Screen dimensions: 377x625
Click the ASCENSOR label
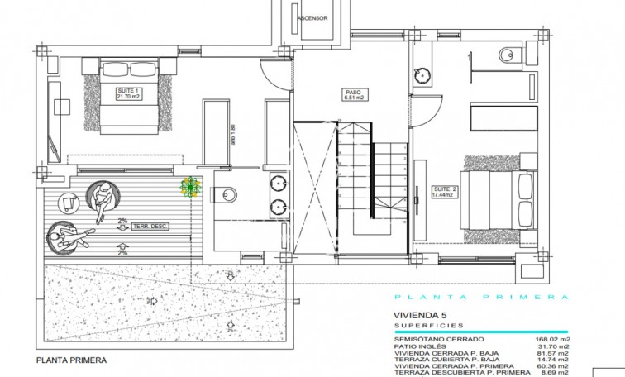click(312, 17)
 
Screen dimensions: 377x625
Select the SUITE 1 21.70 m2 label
click(129, 94)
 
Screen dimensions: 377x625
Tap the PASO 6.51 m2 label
click(355, 94)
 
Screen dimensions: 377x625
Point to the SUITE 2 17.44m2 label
click(447, 194)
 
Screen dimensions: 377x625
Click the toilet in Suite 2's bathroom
click(506, 55)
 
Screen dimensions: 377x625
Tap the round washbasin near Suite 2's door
click(424, 74)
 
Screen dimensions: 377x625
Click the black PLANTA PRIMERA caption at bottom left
click(72, 360)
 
